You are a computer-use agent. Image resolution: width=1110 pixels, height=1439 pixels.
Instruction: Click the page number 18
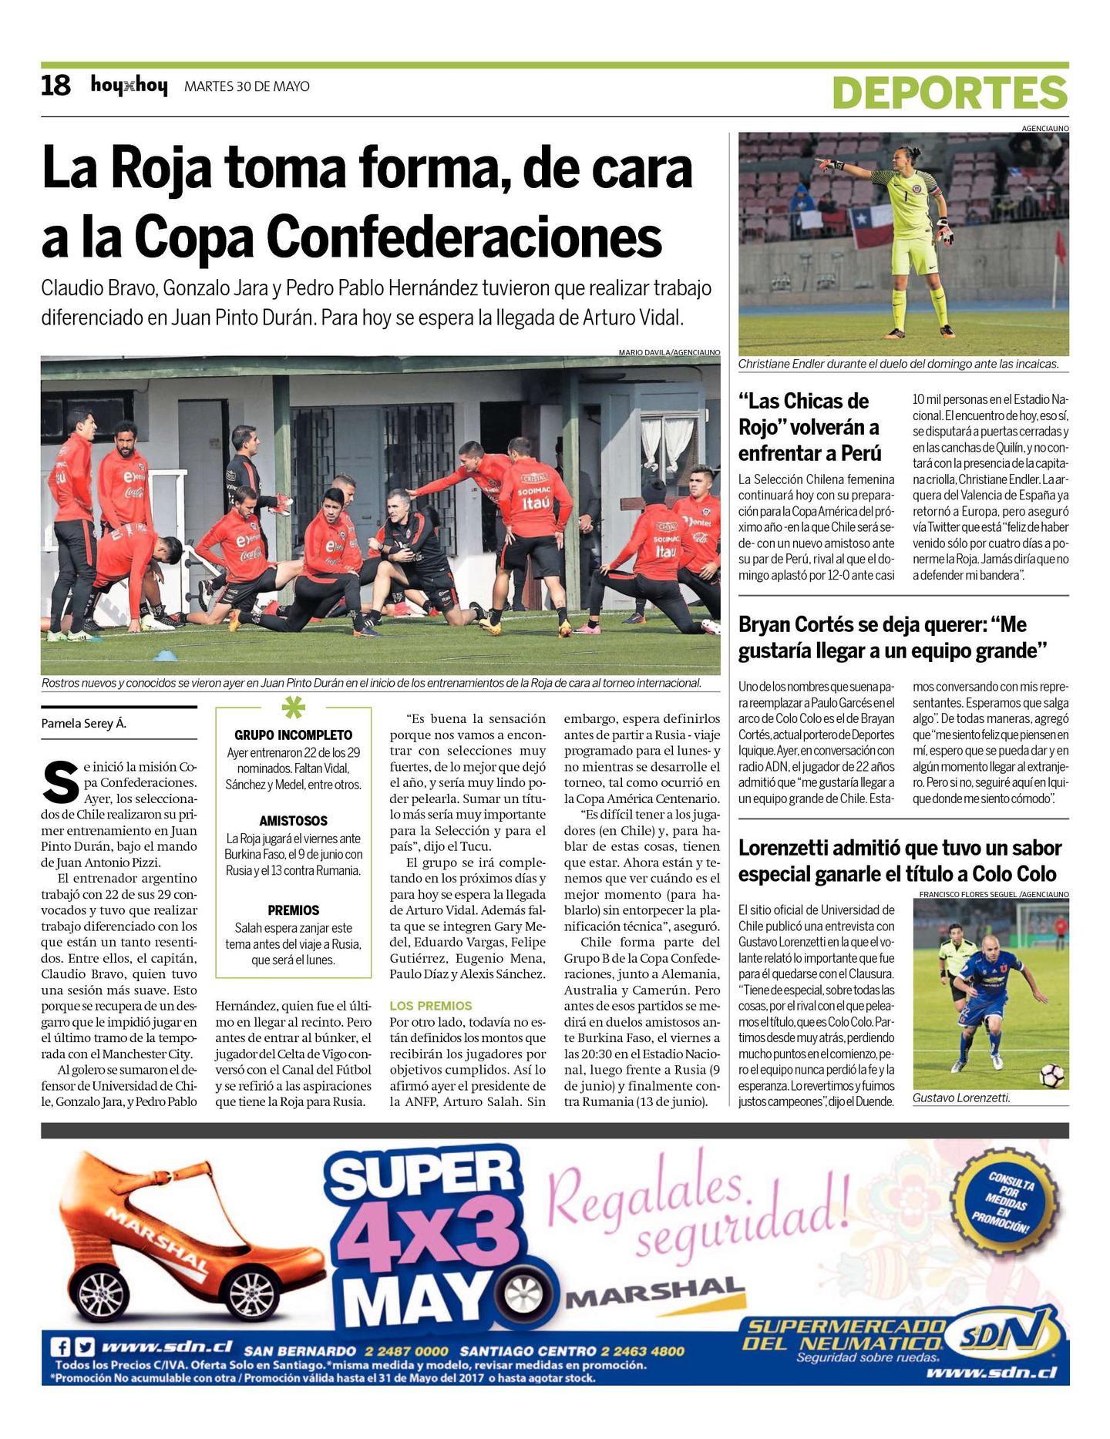pos(55,86)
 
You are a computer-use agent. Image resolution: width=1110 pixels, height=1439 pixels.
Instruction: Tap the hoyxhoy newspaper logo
pos(129,86)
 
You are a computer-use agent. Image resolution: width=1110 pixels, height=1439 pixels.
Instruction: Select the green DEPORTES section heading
pos(950,93)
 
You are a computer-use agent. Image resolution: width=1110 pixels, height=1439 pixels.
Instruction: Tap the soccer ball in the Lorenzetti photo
pos(1052,1074)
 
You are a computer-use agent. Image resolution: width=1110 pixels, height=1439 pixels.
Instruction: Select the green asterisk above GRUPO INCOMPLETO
pos(293,708)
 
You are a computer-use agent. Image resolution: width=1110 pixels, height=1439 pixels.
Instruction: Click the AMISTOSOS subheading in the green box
pos(293,821)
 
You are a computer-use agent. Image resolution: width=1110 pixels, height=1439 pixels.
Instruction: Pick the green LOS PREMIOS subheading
pos(430,1006)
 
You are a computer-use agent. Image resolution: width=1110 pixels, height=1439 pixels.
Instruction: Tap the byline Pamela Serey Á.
pos(83,724)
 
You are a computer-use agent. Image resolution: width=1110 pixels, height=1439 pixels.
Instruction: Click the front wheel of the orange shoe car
pos(251,1293)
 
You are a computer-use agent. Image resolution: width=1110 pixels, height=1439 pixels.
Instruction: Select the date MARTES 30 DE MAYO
pos(247,86)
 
